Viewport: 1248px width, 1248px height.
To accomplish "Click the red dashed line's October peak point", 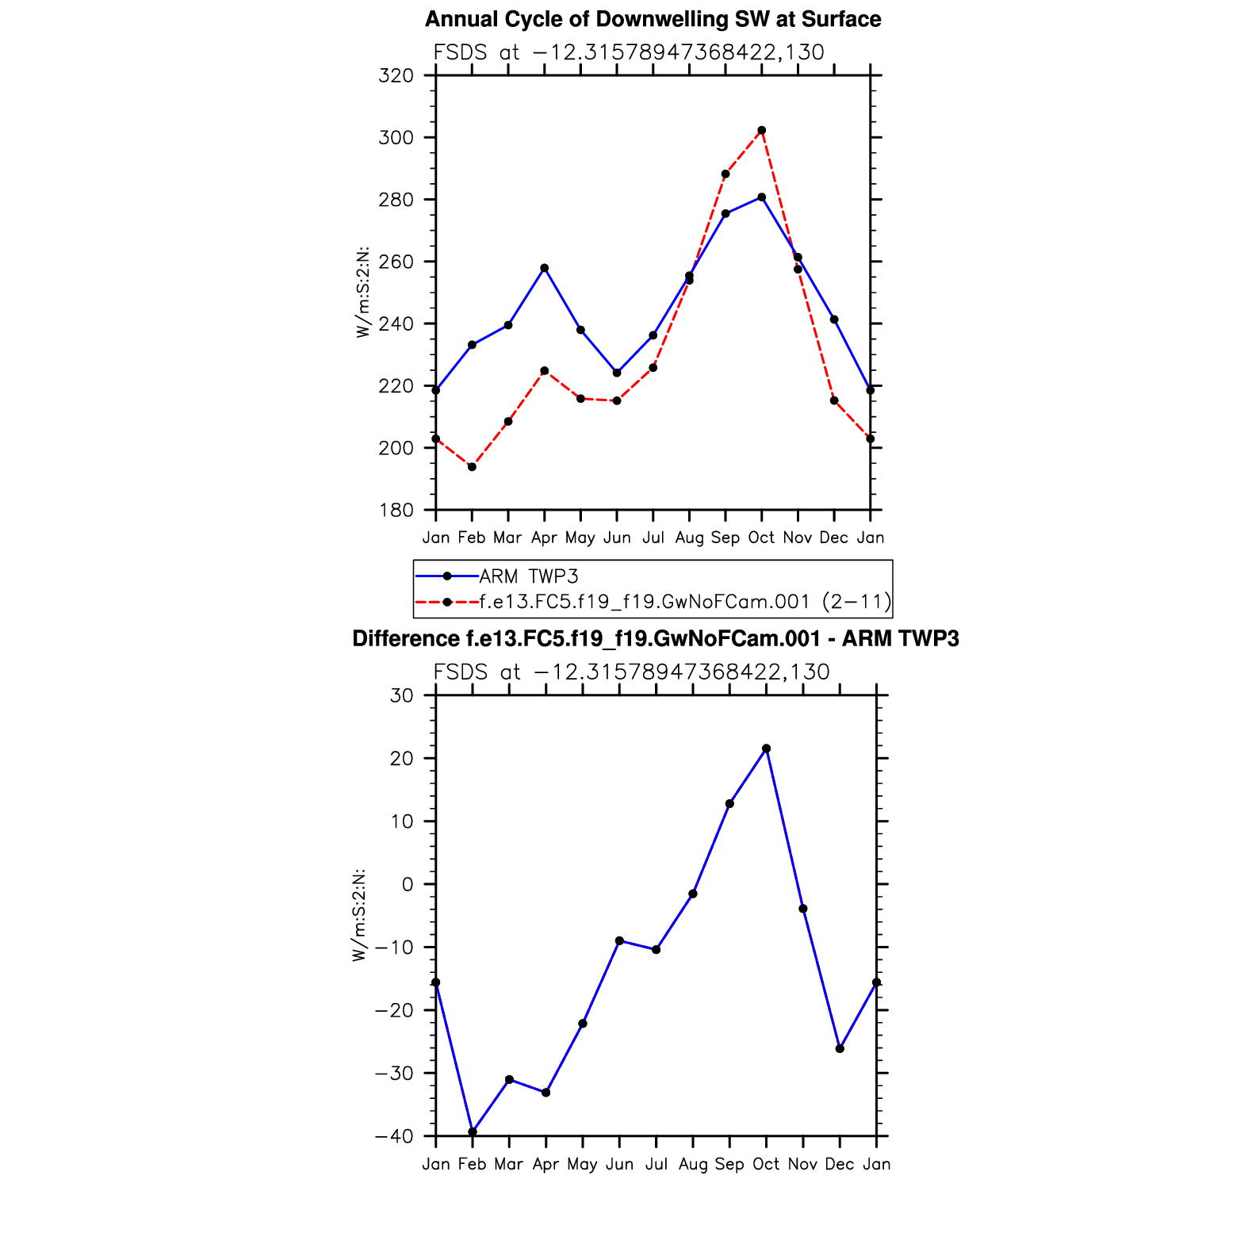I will point(761,130).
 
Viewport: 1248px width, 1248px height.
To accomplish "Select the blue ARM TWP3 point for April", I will point(544,268).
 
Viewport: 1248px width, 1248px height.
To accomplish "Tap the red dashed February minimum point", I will point(472,467).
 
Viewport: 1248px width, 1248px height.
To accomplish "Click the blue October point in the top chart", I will point(761,197).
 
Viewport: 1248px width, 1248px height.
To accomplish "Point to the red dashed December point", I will point(834,400).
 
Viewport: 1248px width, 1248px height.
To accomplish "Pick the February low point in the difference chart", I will point(473,1131).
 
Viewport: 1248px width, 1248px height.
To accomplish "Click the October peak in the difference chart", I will point(766,748).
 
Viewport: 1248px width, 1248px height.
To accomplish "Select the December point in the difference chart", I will point(840,1048).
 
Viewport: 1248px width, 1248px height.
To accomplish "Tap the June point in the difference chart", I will point(619,940).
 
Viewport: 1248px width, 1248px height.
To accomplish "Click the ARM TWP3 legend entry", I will point(529,576).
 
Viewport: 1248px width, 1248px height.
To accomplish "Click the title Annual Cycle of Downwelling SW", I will point(653,19).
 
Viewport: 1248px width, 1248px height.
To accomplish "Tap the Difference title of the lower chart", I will point(655,638).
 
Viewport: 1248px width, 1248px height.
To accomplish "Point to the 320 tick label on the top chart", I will point(396,76).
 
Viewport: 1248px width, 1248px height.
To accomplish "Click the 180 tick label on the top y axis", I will point(396,511).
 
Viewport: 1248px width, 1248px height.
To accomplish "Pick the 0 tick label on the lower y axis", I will point(408,884).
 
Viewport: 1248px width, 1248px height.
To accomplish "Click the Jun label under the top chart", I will point(617,538).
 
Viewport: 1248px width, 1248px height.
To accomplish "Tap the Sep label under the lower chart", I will point(729,1164).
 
